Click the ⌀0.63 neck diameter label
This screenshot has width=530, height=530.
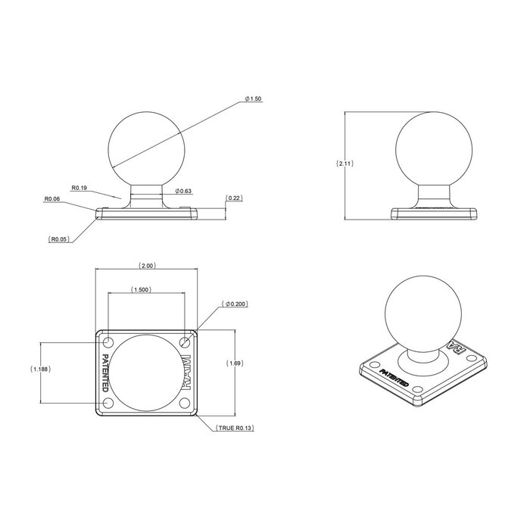[x=184, y=191]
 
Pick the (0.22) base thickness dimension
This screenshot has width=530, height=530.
[x=234, y=198]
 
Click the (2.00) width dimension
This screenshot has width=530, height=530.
[x=147, y=266]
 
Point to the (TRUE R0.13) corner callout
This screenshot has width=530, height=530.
[x=235, y=429]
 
